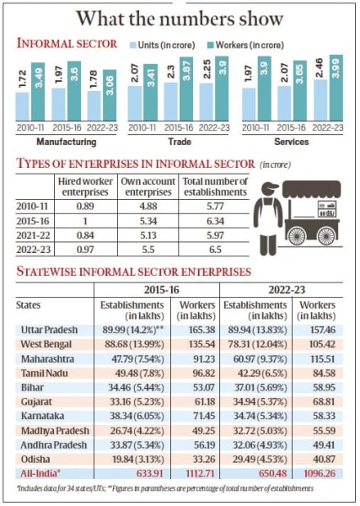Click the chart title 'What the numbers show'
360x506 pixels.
pos(180,18)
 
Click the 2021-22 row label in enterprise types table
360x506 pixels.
pos(35,234)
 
